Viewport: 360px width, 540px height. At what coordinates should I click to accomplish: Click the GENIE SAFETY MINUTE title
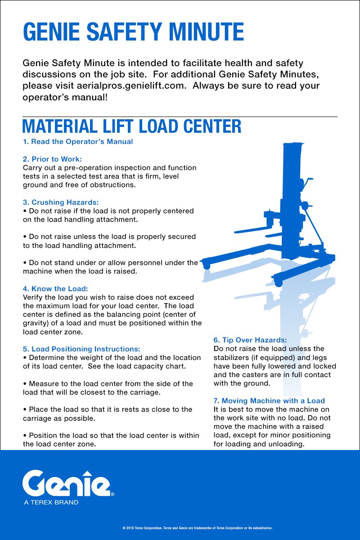(x=133, y=32)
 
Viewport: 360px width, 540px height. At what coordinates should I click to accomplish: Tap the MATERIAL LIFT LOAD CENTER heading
(x=132, y=126)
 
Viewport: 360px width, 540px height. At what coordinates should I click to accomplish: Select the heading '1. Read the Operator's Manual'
(x=78, y=142)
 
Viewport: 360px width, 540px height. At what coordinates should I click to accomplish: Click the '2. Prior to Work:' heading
(x=52, y=159)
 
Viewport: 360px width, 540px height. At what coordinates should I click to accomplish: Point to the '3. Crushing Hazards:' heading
(x=61, y=202)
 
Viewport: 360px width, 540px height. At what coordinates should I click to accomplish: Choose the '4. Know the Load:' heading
(x=55, y=288)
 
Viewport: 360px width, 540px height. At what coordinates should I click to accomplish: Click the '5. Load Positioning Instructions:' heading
(x=81, y=349)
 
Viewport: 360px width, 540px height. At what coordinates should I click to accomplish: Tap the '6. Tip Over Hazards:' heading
(x=250, y=340)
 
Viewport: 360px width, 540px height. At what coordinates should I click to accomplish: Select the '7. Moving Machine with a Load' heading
(x=269, y=400)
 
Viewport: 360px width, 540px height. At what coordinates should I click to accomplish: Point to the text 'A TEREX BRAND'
(x=51, y=502)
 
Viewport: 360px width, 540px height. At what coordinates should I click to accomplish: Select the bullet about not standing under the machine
(x=110, y=267)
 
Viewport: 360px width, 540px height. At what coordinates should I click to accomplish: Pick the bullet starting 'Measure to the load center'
(x=108, y=388)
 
